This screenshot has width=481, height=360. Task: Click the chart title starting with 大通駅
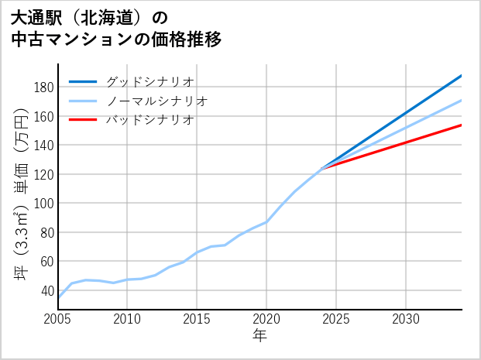tap(116, 28)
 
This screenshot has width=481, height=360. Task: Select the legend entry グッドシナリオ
tap(150, 81)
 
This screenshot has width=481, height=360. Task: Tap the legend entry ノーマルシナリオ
tap(157, 101)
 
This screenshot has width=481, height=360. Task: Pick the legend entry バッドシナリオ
tap(150, 120)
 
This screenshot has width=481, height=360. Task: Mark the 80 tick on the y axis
tap(46, 232)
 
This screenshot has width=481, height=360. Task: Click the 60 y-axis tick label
tap(46, 261)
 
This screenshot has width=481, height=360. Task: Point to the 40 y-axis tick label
tap(46, 290)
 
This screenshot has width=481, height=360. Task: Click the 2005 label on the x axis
tap(58, 319)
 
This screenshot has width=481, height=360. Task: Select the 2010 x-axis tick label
tap(128, 319)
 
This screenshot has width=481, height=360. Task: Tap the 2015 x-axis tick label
tap(198, 319)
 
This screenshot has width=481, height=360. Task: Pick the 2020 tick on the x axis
tap(266, 319)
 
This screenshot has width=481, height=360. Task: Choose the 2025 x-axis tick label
tap(336, 319)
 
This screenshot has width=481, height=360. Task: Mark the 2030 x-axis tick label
tap(406, 319)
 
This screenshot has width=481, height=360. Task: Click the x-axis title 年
tap(259, 336)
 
